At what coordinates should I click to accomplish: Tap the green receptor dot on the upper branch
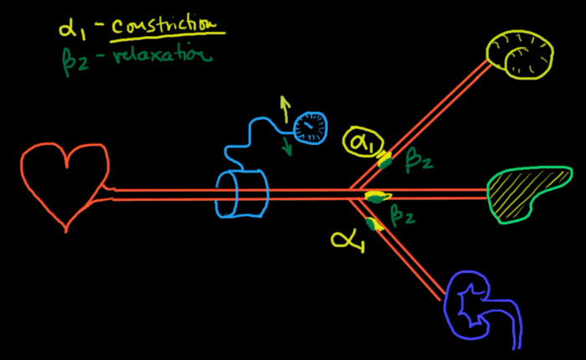tap(386, 161)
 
